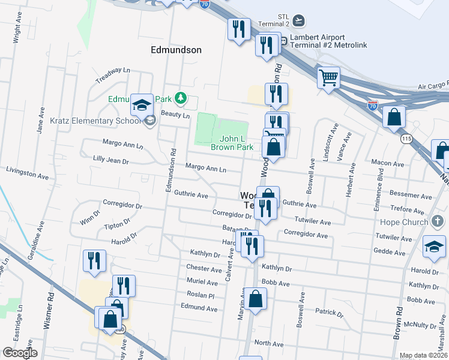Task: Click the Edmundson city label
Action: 176,50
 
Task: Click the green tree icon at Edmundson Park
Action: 179,98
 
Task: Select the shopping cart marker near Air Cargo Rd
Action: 328,77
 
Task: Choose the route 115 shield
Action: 406,139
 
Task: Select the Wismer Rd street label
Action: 49,310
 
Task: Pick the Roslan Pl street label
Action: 200,296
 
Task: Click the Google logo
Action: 20,353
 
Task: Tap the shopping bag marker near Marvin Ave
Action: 255,299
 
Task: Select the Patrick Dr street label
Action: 329,313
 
